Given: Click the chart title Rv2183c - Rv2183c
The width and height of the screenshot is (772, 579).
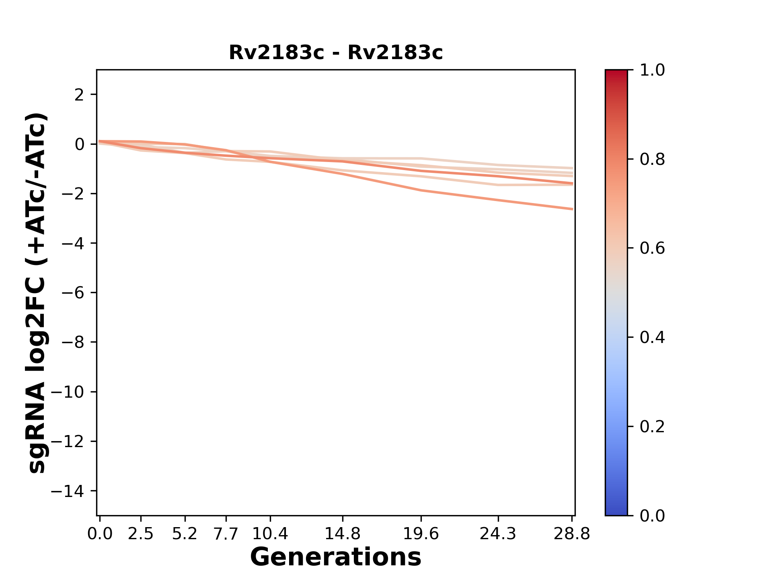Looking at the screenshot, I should pos(336,53).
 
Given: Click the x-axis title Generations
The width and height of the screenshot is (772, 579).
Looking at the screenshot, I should pos(336,557).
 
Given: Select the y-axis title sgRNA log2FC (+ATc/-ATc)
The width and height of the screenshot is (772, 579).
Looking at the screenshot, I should pos(37,293).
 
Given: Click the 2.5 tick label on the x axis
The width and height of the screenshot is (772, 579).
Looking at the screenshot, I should pos(141,534).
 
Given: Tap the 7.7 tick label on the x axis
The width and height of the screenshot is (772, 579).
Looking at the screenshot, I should pos(226,534).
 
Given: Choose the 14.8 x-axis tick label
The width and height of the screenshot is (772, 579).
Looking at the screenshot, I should pos(342,534).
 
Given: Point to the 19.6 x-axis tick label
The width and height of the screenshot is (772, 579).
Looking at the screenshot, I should pos(421,534).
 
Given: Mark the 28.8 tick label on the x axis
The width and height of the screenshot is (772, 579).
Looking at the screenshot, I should pos(572,534).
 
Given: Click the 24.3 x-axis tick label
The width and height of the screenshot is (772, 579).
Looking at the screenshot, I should pos(498,534).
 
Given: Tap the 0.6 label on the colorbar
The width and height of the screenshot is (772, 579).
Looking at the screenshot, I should pos(652,248).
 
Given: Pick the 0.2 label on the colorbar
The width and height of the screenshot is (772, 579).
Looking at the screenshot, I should pos(652,427).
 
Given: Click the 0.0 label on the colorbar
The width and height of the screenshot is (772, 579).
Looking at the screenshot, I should pos(652,515).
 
